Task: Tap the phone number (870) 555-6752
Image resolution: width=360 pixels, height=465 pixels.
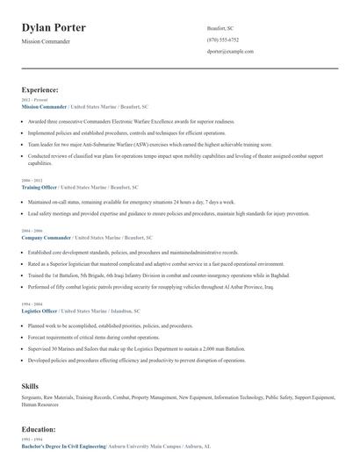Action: click(222, 39)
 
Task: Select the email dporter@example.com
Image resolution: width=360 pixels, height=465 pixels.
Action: click(230, 51)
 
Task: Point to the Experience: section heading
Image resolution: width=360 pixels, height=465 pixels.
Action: click(40, 89)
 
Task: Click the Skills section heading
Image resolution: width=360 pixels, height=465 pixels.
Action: click(31, 385)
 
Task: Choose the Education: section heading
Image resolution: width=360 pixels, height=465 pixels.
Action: click(39, 429)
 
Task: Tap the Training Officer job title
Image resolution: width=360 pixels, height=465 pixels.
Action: click(40, 187)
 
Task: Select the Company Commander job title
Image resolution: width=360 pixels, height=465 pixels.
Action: click(45, 238)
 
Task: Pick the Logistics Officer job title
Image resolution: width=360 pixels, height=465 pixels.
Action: click(40, 311)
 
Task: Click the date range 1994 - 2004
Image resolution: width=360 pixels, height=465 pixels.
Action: click(31, 304)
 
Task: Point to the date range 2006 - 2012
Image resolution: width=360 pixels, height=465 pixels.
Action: click(31, 180)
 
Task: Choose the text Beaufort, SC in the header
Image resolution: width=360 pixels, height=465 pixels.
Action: click(220, 28)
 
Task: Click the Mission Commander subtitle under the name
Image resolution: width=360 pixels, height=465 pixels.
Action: click(46, 41)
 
